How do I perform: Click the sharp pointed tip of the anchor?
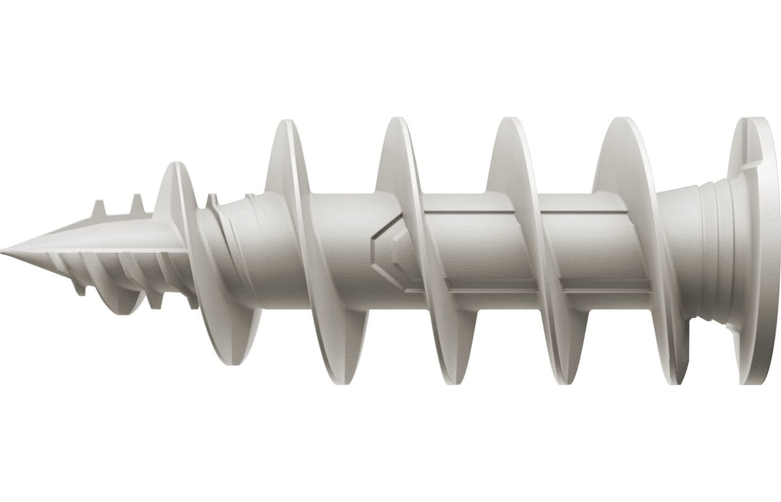3,250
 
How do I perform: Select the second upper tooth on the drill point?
137,204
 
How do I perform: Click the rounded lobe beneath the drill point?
124,302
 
